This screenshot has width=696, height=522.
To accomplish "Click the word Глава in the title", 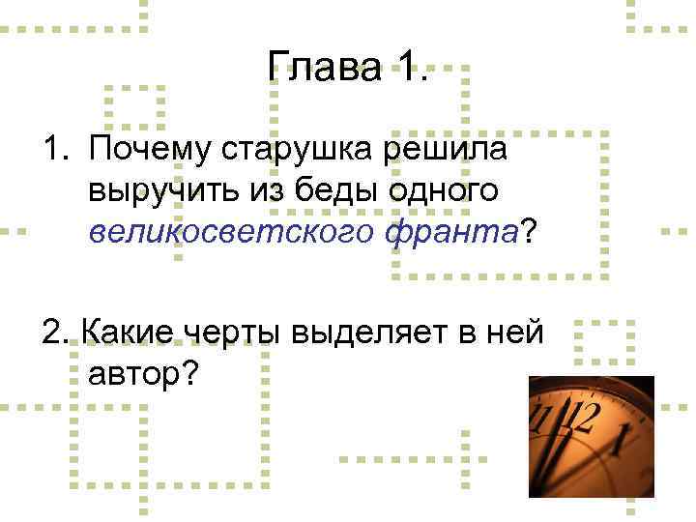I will [x=324, y=69].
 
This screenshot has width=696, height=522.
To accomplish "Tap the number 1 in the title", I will [x=409, y=69].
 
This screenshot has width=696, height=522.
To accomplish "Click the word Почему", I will [x=150, y=151].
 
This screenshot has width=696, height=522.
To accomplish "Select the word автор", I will [x=131, y=372].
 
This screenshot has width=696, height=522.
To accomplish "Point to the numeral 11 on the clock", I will [x=545, y=419].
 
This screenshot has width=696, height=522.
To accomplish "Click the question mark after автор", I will [x=186, y=372].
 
